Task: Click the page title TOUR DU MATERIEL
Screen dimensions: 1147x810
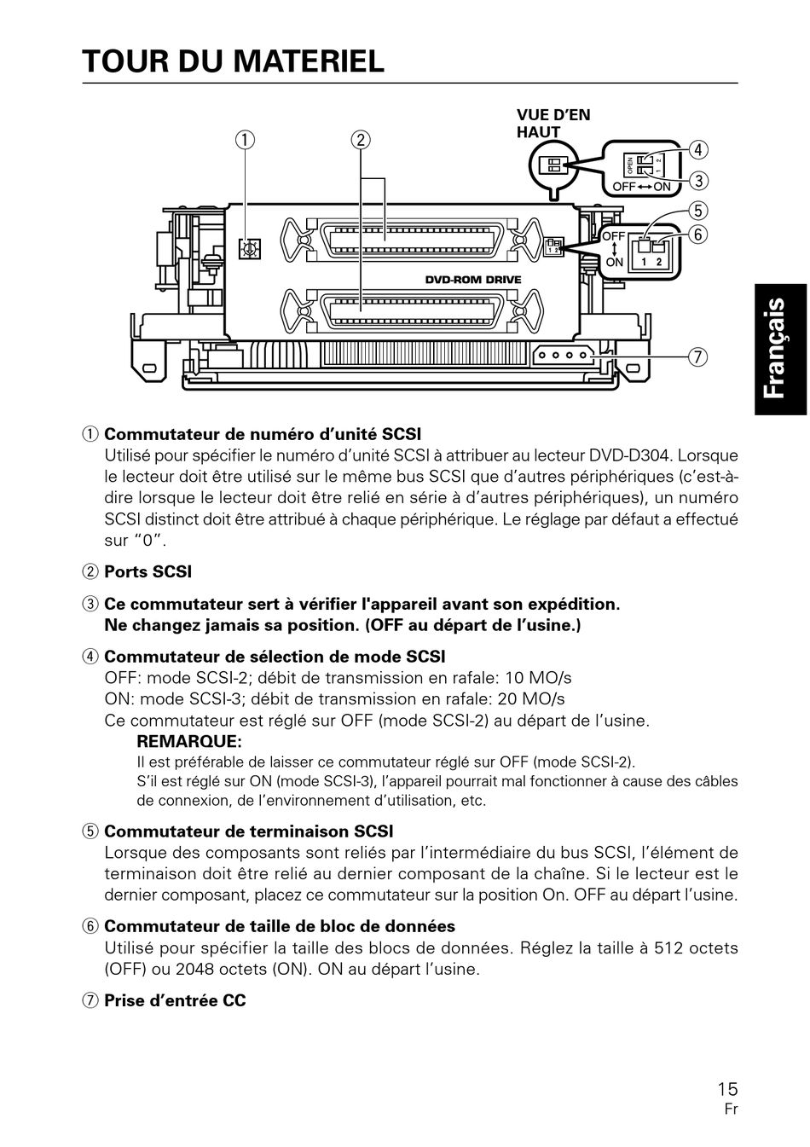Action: [x=234, y=61]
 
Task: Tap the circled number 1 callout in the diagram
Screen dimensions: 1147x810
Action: [x=246, y=140]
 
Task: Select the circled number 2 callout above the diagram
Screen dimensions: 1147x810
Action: [x=361, y=140]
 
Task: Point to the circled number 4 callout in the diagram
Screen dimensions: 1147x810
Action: [x=698, y=150]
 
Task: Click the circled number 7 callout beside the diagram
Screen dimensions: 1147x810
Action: [x=698, y=356]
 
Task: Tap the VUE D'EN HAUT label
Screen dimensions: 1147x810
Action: [x=553, y=124]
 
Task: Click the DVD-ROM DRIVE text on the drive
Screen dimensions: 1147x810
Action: [x=473, y=280]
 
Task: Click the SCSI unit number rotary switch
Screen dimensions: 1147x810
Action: [x=250, y=249]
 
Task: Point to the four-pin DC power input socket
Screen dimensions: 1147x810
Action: [x=561, y=355]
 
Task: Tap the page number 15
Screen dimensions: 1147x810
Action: [x=727, y=1088]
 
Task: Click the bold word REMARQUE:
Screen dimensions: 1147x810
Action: [x=189, y=742]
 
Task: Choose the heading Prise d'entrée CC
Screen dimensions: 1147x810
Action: [x=175, y=1000]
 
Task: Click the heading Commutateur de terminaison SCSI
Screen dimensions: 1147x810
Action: [x=248, y=831]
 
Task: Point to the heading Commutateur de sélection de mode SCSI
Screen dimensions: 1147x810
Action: [x=275, y=657]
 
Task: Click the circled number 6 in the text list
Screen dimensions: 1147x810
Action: [x=90, y=926]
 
